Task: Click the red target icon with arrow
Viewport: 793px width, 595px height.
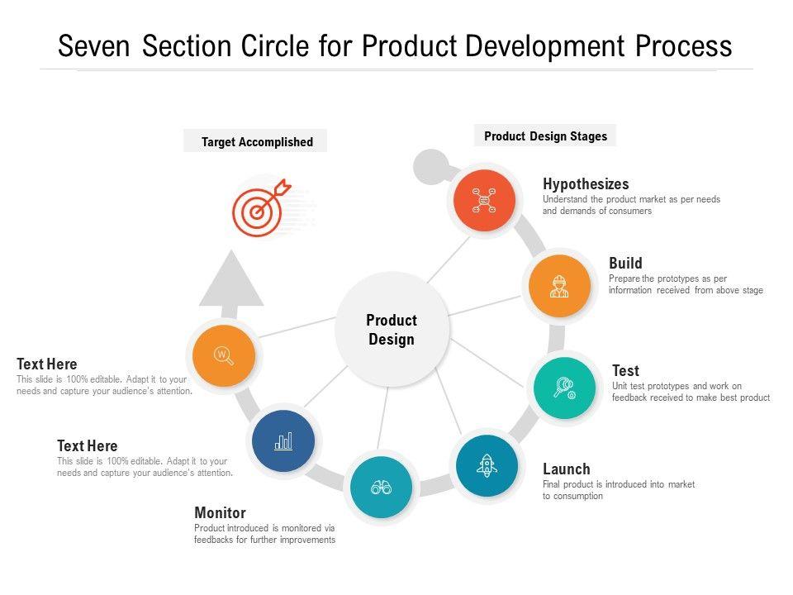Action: [259, 207]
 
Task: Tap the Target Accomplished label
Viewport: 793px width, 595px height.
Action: [257, 142]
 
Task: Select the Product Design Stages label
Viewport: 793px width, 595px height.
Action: [545, 136]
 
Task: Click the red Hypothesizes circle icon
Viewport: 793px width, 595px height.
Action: [483, 201]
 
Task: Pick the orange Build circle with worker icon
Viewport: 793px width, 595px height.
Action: [559, 287]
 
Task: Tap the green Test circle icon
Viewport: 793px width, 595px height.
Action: [564, 388]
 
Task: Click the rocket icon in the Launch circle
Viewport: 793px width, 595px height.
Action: [487, 466]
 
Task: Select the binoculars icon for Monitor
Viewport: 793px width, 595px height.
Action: [381, 488]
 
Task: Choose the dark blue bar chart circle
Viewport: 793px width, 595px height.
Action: [283, 441]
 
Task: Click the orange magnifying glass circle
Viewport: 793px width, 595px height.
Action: [223, 356]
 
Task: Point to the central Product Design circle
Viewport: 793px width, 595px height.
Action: [392, 329]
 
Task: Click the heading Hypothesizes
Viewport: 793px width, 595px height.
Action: [586, 184]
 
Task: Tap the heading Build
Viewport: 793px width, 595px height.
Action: [625, 264]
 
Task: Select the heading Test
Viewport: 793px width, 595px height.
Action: [625, 371]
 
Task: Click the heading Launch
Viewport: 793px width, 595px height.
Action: [567, 469]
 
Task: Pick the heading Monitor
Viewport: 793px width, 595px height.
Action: [220, 513]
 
